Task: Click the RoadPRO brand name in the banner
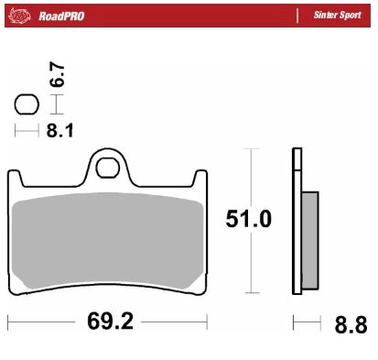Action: click(x=61, y=16)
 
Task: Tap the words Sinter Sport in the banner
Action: click(x=337, y=15)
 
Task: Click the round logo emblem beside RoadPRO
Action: click(x=20, y=16)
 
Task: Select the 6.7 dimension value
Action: click(x=58, y=74)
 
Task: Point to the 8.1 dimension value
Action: click(x=60, y=131)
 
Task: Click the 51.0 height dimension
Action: click(x=248, y=219)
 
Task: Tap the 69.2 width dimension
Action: click(x=110, y=322)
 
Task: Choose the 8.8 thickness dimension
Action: click(x=351, y=325)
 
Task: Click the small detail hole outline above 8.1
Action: click(x=27, y=104)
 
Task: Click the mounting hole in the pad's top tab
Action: click(x=107, y=168)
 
